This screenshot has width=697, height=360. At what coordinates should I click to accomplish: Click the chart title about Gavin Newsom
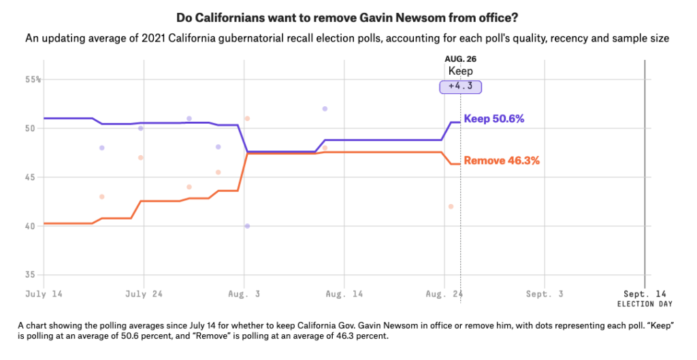[x=348, y=17]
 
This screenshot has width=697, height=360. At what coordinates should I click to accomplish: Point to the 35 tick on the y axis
[x=31, y=275]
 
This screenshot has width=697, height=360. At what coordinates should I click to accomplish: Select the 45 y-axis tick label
[x=31, y=177]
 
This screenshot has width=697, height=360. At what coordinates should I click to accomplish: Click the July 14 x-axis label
[x=44, y=294]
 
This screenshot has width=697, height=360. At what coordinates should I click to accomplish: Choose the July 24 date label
[x=144, y=294]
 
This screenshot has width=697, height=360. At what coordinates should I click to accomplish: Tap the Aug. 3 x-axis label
[x=244, y=294]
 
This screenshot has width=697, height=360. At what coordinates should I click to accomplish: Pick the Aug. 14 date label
[x=344, y=294]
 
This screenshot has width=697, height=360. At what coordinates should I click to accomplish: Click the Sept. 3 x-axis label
[x=544, y=294]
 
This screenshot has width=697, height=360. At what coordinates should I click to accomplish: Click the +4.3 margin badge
[x=460, y=86]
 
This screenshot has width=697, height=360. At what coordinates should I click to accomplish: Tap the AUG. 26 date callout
[x=461, y=59]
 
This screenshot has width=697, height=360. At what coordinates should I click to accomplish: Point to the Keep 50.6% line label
[x=493, y=118]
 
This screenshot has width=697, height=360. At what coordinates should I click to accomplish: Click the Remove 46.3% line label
[x=502, y=161]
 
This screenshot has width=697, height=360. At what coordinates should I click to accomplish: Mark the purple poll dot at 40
[x=247, y=226]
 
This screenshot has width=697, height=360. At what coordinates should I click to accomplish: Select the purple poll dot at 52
[x=325, y=108]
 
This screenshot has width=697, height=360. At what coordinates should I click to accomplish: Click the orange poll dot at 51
[x=247, y=118]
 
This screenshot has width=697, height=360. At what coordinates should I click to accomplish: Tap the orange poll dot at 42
[x=451, y=206]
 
